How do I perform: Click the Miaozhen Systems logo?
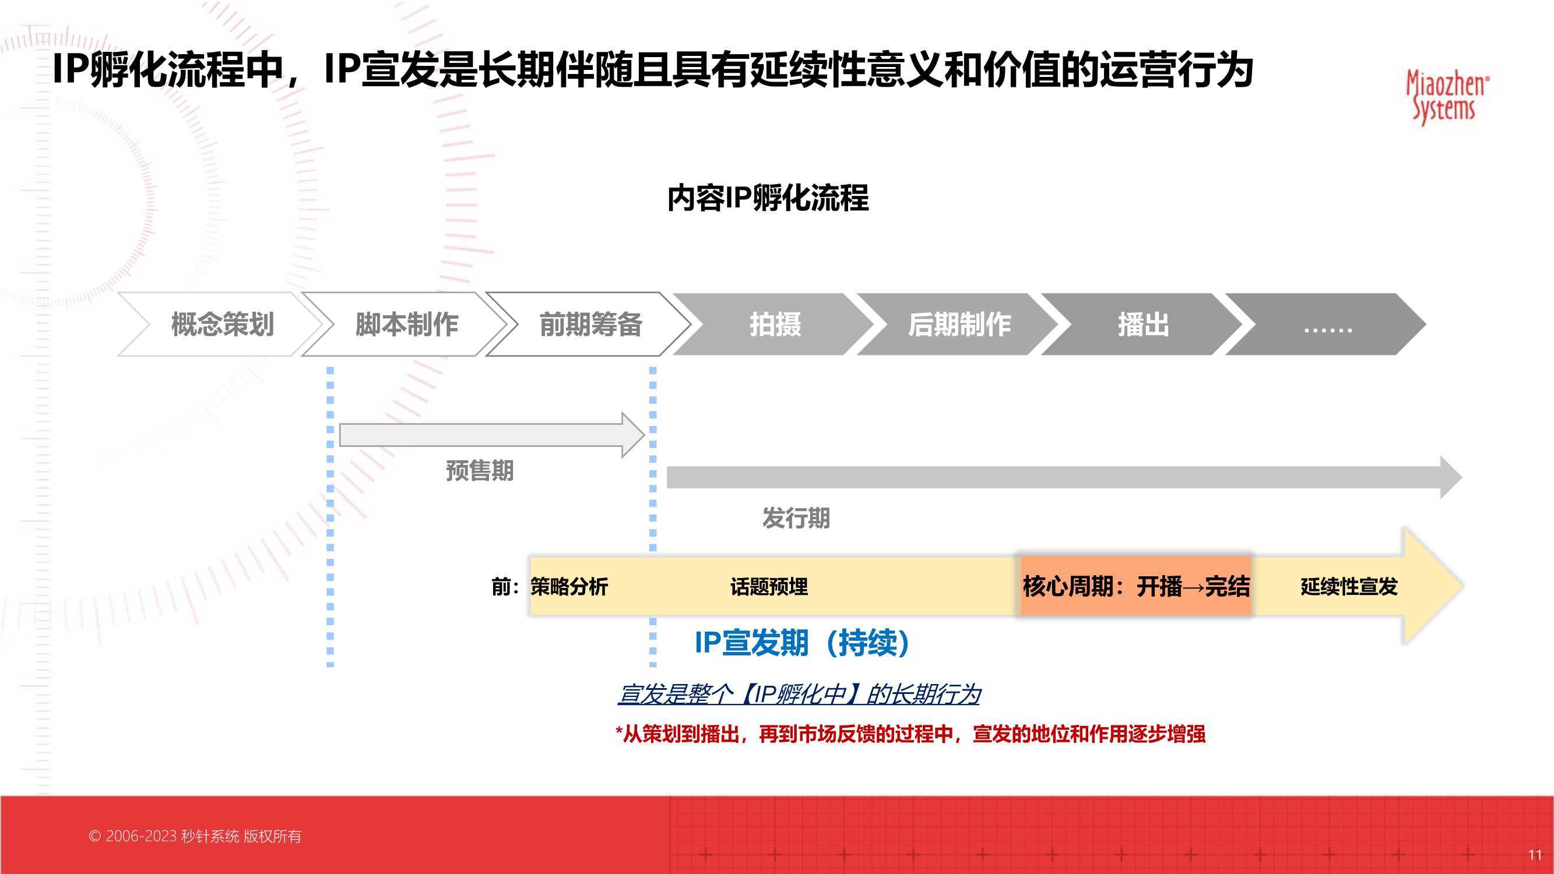point(1447,97)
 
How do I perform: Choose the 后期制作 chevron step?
point(959,325)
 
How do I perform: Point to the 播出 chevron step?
point(1142,325)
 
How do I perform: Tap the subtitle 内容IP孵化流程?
point(767,198)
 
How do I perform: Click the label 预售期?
point(480,470)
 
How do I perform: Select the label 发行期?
point(796,517)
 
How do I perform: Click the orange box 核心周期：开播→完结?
point(1135,586)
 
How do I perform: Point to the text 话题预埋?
point(769,586)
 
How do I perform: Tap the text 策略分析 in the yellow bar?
point(569,586)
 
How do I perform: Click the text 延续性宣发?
point(1349,586)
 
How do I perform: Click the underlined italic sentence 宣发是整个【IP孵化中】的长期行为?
point(799,695)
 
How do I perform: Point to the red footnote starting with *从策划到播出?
point(910,734)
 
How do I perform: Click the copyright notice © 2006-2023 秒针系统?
point(195,836)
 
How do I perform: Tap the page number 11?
point(1535,855)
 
